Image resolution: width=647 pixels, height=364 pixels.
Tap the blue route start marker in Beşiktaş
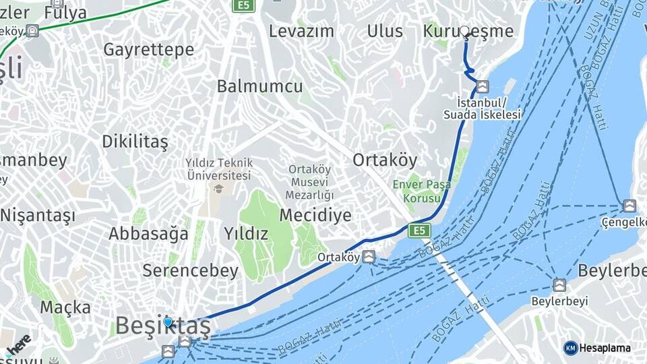168,324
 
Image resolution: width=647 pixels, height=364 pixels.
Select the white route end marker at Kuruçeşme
465,31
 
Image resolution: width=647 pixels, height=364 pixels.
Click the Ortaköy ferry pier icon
369,257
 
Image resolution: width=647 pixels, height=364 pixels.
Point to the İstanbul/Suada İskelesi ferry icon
482,86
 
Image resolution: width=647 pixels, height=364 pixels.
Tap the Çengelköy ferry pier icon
629,206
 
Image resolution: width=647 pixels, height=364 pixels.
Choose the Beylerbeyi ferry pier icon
559,285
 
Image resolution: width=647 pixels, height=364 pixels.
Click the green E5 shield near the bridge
420,231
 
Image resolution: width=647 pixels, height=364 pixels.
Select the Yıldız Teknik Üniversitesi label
219,169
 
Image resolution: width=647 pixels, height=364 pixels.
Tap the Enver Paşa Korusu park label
423,191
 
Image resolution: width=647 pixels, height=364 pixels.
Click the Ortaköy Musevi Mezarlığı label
311,182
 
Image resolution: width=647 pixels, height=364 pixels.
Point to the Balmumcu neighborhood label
259,86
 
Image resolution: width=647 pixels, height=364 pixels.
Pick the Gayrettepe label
148,49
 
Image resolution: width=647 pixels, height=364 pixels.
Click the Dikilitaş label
134,142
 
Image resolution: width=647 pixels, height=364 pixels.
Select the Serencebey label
190,271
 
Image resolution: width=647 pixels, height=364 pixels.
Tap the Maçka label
65,307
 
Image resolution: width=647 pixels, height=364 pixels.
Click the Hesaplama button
597,348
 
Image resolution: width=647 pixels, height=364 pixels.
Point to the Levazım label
301,31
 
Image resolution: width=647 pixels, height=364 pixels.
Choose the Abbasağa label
149,234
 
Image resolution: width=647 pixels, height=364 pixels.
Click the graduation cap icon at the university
218,188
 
